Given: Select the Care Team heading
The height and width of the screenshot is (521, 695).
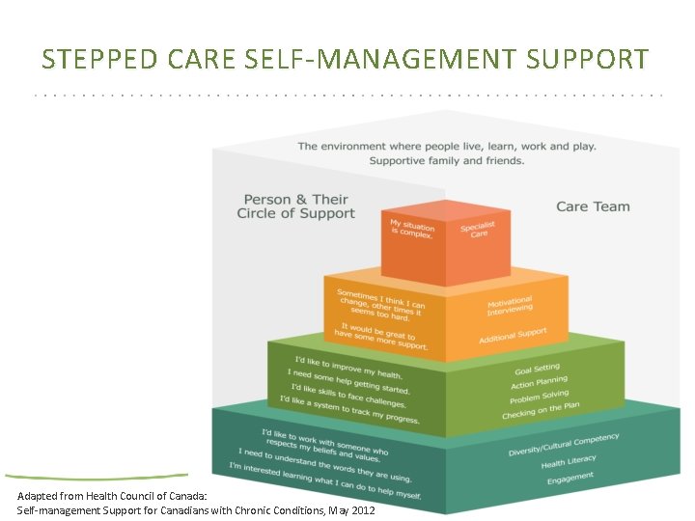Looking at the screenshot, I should pos(593,206).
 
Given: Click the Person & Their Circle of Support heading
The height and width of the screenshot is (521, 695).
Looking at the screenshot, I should pos(295,206).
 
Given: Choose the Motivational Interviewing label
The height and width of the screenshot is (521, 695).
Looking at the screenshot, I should pos(510,307).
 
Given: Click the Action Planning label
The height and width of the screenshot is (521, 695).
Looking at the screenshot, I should pos(539,383).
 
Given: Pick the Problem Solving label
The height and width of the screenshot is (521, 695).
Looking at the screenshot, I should pos(539,398).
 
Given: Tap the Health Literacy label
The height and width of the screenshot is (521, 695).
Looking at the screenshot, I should pos(569,461).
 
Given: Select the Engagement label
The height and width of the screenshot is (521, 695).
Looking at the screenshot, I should pos(570,478).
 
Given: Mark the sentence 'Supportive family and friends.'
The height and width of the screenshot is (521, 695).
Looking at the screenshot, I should pos(447,160).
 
